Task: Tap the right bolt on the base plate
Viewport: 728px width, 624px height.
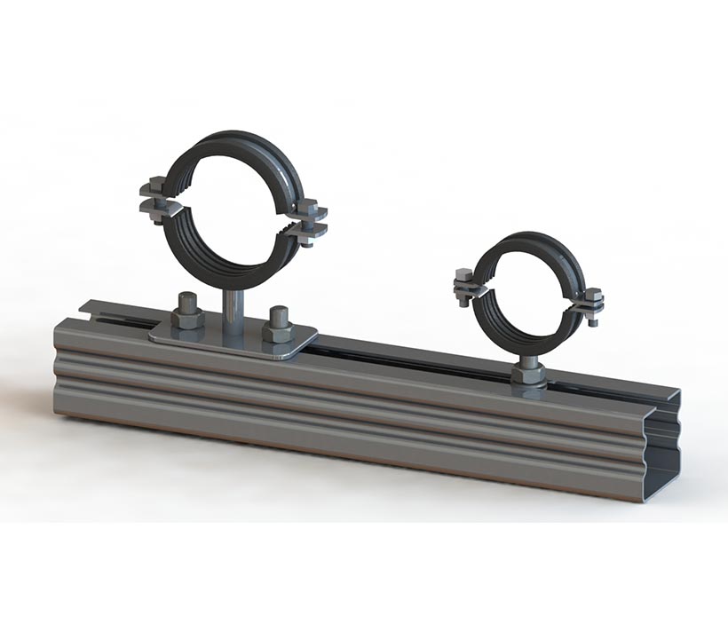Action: (x=277, y=325)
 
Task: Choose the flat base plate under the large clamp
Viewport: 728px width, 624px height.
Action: (x=233, y=342)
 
